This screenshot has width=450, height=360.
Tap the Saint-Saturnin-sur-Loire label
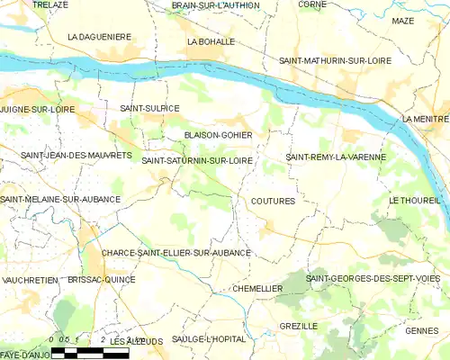tap(196, 160)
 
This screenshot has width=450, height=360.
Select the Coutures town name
tap(274, 202)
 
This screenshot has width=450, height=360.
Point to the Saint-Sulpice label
tap(149, 108)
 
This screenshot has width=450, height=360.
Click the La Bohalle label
tap(211, 41)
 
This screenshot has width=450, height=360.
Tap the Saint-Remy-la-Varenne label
tap(336, 157)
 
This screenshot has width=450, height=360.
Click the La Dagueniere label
tap(100, 37)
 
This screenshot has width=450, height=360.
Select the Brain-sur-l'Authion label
tap(216, 5)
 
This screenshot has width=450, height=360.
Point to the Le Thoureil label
tap(415, 200)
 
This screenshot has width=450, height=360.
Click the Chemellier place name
tap(257, 288)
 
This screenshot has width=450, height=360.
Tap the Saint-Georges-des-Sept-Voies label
tap(373, 279)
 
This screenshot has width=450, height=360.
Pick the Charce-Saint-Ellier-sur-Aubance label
tap(176, 254)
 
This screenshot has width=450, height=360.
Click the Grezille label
tap(298, 326)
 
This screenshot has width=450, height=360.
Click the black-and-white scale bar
tap(90, 352)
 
